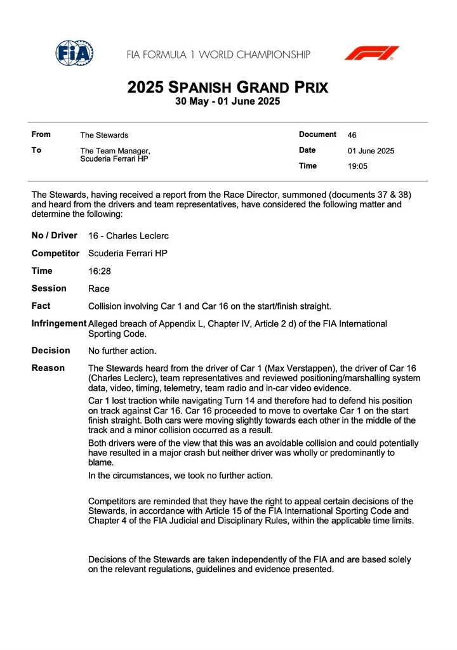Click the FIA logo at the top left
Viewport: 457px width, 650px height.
click(74, 53)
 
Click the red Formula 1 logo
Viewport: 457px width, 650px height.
click(371, 53)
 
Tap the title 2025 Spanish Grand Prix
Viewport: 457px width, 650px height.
click(228, 88)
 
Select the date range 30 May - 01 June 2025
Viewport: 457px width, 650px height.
click(228, 101)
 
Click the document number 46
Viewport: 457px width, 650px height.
click(352, 135)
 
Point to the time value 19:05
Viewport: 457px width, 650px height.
click(357, 167)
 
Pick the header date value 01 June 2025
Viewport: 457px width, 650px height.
click(371, 151)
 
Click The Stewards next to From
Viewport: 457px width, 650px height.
click(104, 135)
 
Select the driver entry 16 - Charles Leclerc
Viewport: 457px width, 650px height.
click(128, 236)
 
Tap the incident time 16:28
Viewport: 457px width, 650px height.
click(99, 271)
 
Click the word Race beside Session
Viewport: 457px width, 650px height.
click(99, 289)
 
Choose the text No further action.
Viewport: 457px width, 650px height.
click(122, 351)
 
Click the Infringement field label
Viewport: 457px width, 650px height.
click(59, 324)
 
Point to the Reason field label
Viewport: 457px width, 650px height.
click(48, 368)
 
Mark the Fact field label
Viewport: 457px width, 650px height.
click(41, 306)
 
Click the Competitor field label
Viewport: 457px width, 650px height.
click(56, 254)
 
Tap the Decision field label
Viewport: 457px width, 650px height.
click(51, 351)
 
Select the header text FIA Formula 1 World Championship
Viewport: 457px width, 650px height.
click(218, 55)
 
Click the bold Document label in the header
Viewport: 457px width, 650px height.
click(317, 134)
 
